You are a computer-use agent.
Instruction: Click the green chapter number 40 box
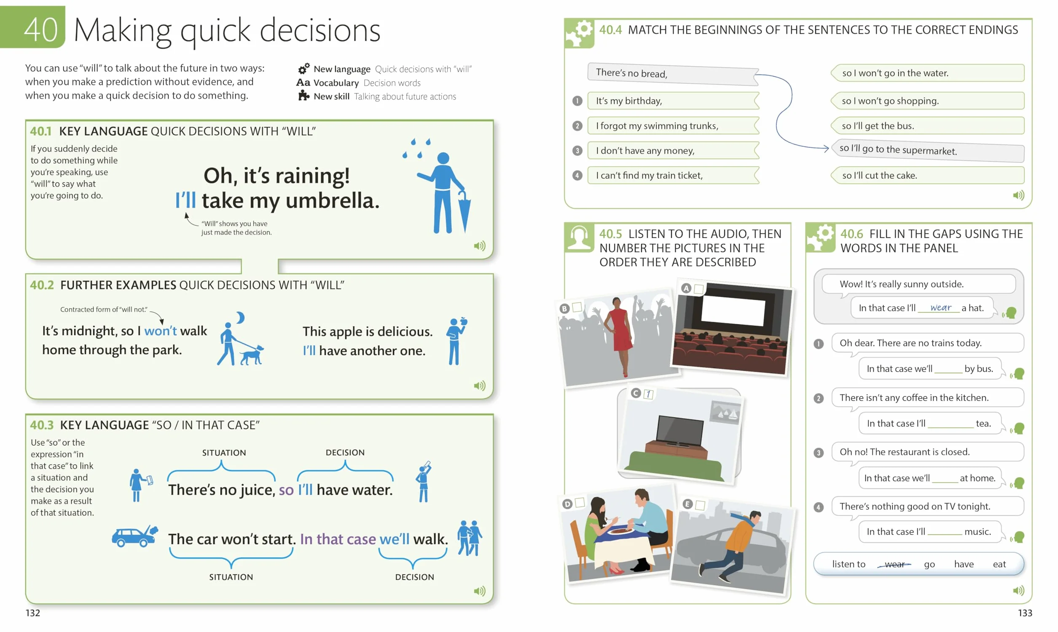click(x=33, y=27)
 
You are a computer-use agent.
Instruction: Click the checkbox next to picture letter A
click(x=698, y=289)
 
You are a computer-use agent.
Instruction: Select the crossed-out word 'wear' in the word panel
click(x=894, y=564)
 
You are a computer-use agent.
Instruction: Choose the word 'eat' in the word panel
click(x=999, y=564)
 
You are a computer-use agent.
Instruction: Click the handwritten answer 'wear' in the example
click(x=940, y=307)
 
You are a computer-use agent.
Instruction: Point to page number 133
click(x=1025, y=613)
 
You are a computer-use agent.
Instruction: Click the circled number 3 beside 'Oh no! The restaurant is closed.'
click(x=818, y=453)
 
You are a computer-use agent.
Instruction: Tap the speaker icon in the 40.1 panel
click(x=480, y=246)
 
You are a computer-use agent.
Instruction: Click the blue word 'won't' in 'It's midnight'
click(x=160, y=331)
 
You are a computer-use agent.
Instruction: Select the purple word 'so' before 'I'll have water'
click(x=286, y=490)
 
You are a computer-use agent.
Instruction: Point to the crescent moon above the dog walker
click(x=241, y=317)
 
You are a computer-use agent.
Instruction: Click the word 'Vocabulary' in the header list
click(x=336, y=83)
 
